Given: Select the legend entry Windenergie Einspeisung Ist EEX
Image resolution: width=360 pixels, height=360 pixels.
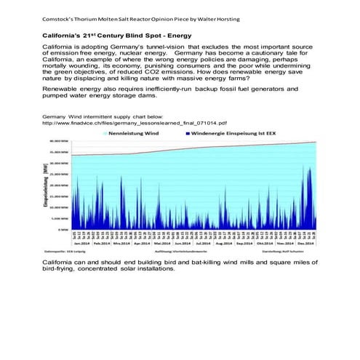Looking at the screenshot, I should point(230,134).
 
